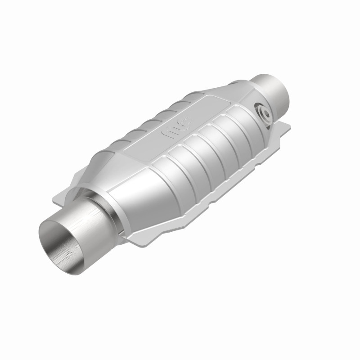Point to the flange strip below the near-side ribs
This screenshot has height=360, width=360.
coord(234,180)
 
